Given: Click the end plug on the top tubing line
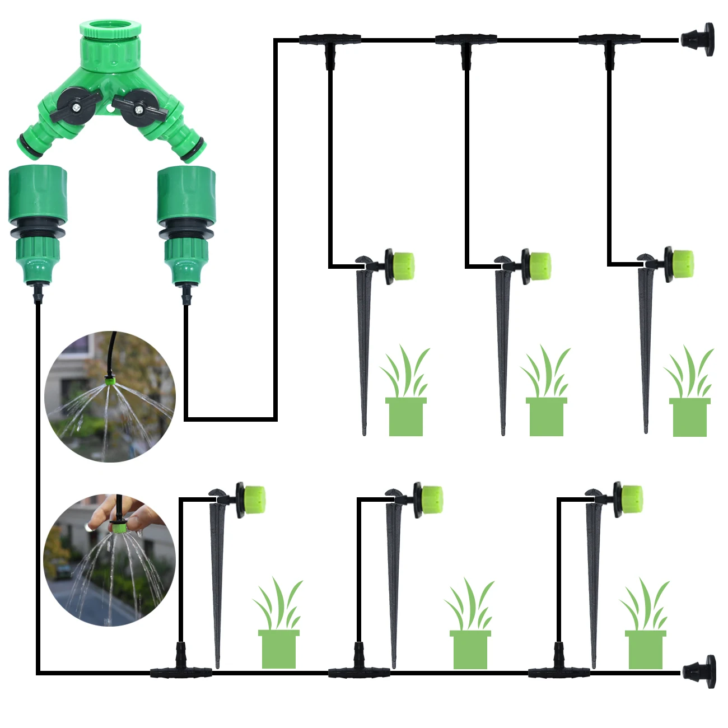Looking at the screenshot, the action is click(x=698, y=39).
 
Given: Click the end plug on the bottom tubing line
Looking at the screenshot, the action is click(x=699, y=671).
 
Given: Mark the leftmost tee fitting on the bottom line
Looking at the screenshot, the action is click(x=180, y=666).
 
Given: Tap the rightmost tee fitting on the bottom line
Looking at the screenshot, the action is click(x=558, y=666).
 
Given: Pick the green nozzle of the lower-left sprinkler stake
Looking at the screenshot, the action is click(x=254, y=500).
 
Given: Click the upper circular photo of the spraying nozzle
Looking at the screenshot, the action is click(x=110, y=396).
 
